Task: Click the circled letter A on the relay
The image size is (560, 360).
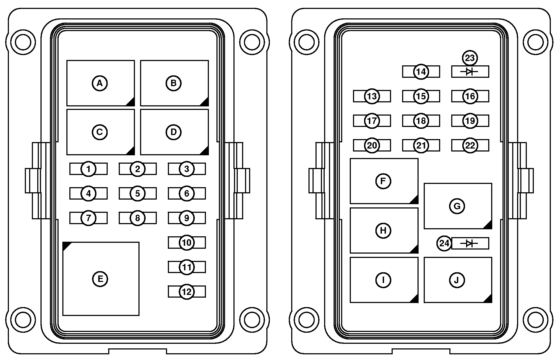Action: [100, 83]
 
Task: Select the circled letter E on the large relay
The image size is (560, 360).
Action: [100, 279]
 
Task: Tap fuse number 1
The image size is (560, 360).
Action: [88, 169]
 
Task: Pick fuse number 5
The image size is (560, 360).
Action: [138, 193]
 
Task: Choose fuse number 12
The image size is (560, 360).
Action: [187, 292]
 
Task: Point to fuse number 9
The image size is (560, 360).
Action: [187, 218]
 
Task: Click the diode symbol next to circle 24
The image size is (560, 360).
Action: [470, 243]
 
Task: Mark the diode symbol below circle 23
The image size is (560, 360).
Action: [470, 72]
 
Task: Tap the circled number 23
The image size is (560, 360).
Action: [470, 58]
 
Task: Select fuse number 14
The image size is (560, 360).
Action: [421, 72]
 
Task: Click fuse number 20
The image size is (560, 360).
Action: [372, 145]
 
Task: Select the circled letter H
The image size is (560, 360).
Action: [383, 231]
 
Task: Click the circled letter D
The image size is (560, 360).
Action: [174, 132]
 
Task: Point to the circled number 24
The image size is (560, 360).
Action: [444, 243]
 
